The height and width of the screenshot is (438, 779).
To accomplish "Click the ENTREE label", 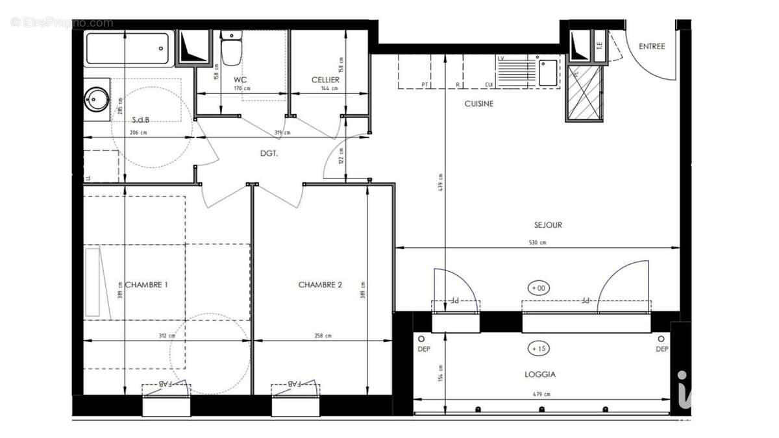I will click(652, 46).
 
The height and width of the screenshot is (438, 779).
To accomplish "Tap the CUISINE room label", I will click(478, 104).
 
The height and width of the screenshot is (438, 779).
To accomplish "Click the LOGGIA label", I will click(539, 374).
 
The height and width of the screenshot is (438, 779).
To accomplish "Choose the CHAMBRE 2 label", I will click(320, 284).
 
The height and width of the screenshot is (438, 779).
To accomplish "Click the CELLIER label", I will click(325, 80).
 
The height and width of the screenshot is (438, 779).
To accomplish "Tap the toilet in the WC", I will click(231, 49).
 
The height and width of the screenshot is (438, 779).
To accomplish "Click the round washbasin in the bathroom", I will click(95, 100).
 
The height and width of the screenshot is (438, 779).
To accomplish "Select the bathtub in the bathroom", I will click(129, 48).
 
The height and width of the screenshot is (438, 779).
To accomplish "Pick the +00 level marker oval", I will click(539, 287).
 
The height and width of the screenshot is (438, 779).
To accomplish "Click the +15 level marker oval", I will click(539, 348).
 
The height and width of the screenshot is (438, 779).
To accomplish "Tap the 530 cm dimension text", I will click(538, 243).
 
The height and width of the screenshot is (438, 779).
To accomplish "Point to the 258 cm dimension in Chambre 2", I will click(323, 335).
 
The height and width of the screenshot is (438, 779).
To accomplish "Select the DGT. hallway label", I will click(269, 154).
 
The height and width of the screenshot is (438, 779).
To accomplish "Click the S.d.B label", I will click(141, 119).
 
